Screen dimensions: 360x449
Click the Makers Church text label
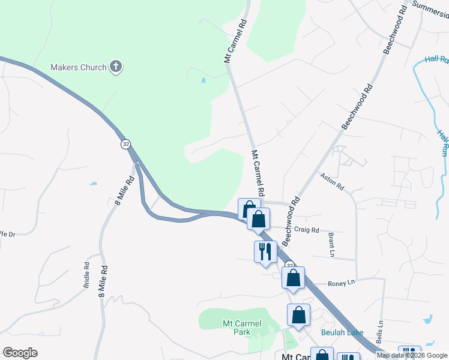(79, 67)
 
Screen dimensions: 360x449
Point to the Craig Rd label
(307, 230)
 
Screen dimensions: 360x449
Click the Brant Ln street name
(331, 245)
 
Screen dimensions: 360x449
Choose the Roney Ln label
(342, 283)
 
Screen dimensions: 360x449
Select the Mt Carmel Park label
(242, 328)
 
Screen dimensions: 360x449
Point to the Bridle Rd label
(87, 275)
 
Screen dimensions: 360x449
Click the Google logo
(20, 353)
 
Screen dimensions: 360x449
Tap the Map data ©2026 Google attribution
(412, 355)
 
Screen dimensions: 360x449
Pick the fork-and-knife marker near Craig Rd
(265, 251)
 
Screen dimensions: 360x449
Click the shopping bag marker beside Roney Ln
(293, 278)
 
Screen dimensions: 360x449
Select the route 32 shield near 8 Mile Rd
(125, 144)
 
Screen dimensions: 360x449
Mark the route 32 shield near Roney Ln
(289, 265)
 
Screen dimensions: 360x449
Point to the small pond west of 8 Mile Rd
(93, 182)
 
